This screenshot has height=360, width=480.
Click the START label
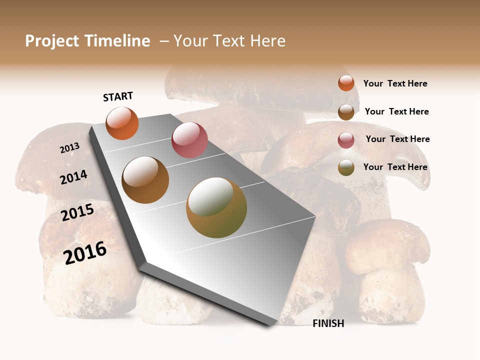point(118,96)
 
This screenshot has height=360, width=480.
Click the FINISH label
point(328,323)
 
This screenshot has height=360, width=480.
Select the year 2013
point(70,148)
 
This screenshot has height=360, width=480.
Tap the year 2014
point(74,177)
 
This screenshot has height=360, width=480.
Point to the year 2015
point(77,213)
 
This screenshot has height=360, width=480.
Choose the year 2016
point(85,253)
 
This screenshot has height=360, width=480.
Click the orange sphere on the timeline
point(122,123)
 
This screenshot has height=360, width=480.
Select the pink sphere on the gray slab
point(189,140)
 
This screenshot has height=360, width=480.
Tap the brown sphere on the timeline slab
point(145,180)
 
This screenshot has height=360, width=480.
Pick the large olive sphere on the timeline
point(216,207)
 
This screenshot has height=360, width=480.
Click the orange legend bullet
point(346,83)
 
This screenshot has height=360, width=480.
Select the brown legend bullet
point(346,112)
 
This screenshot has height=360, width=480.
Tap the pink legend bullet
point(346,140)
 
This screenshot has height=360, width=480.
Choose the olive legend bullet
point(346,167)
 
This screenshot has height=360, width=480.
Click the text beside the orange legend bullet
point(395,83)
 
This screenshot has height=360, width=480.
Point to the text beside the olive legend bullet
point(395,167)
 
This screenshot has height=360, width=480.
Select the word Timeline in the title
point(117,41)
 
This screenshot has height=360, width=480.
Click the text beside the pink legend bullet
point(397,139)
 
